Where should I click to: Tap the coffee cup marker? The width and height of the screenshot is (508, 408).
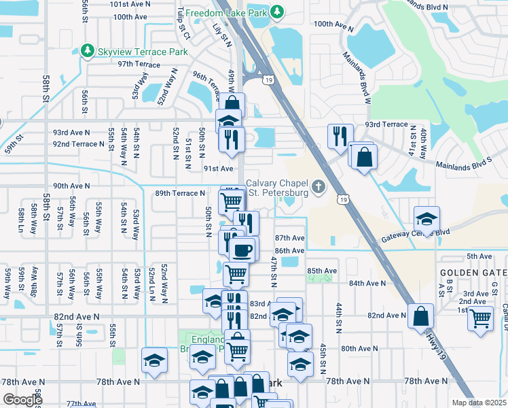[243, 250]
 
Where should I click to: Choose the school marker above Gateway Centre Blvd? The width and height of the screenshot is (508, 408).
[427, 219]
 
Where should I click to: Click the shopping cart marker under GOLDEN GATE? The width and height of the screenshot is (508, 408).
[480, 318]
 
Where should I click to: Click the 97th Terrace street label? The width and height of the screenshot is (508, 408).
[139, 65]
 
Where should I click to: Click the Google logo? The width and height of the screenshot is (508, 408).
[22, 399]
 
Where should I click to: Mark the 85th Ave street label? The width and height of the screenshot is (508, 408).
[322, 271]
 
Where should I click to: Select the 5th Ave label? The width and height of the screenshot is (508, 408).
[473, 256]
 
